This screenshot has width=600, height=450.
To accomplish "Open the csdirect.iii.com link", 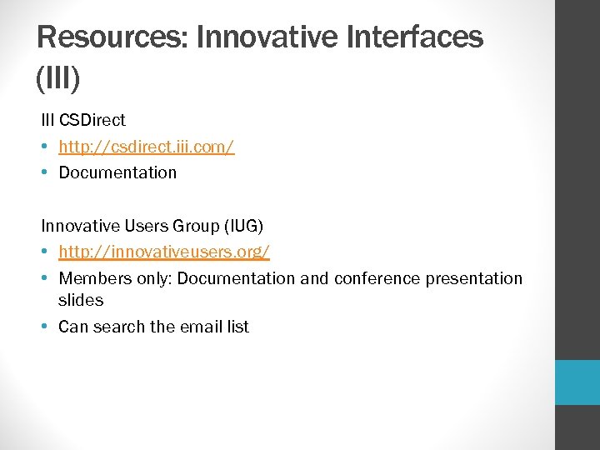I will (146, 147).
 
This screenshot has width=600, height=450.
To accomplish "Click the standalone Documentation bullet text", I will (117, 172).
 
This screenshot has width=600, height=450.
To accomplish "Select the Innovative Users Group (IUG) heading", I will (152, 226).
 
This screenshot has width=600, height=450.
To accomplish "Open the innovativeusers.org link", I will (163, 252).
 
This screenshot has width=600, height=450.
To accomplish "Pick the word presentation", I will (473, 278).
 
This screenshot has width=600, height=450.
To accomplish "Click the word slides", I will (80, 300).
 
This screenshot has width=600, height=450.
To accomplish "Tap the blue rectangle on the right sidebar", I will (577, 382).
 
